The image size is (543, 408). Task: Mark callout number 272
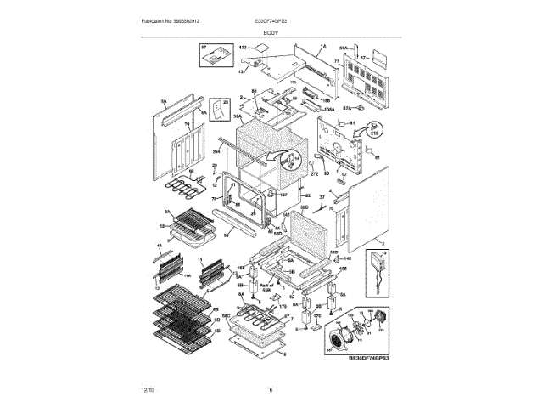point(313,173)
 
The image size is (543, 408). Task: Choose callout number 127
point(283,195)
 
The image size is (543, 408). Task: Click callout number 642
point(348,258)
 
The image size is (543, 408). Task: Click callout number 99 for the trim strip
point(227,235)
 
